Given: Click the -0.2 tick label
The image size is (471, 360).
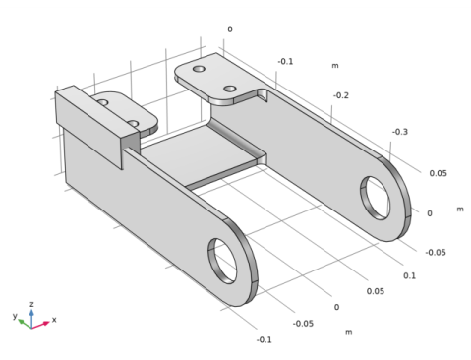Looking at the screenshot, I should (x=341, y=95).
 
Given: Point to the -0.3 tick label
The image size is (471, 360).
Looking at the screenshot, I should (x=400, y=131).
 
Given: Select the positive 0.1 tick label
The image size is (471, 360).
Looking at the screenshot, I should (x=408, y=275).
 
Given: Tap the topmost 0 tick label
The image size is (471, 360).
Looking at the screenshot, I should (x=230, y=30).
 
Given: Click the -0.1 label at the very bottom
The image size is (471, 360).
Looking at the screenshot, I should (x=263, y=339).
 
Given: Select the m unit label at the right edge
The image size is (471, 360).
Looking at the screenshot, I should (x=458, y=210).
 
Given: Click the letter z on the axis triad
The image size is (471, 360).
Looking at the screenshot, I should (x=32, y=305).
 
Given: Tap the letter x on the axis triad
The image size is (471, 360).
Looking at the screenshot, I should (x=53, y=320).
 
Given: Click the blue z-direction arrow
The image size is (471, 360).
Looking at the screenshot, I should (x=32, y=314).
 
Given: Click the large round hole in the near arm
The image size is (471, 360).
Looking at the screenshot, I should (x=224, y=257).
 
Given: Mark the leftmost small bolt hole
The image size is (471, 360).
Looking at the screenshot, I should (x=102, y=101).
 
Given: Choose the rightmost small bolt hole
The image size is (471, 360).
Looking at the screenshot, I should (x=230, y=89).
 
